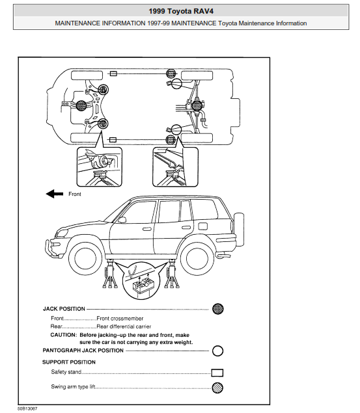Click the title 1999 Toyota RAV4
(180, 10)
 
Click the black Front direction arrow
(55, 193)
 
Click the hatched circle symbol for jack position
(218, 308)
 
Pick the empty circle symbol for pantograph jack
(218, 351)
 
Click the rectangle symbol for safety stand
(217, 373)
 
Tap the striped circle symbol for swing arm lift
(218, 388)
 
